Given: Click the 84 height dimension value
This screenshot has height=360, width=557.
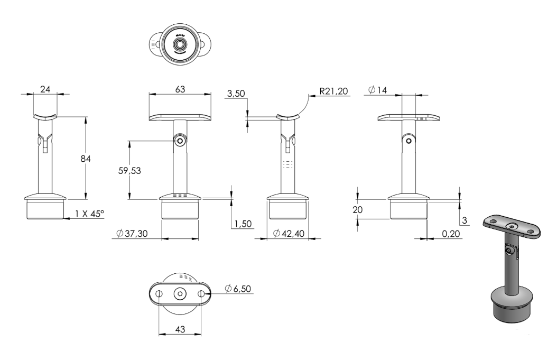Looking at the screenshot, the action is [x=86, y=159].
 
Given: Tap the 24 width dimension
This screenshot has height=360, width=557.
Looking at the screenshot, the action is [x=45, y=89].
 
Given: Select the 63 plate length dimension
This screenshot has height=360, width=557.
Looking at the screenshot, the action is [x=180, y=89].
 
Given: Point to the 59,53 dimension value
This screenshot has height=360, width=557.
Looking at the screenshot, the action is [x=129, y=171].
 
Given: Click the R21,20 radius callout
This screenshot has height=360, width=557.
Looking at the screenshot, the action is [x=333, y=91].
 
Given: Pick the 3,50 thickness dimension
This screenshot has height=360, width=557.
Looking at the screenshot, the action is [x=236, y=94].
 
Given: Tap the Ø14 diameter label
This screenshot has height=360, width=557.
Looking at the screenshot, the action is [x=378, y=90].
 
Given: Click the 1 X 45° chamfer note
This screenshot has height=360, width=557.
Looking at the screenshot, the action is [x=89, y=214].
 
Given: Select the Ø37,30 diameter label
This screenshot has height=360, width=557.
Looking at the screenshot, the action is [x=132, y=234].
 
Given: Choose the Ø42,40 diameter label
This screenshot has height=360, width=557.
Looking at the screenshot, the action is [x=289, y=234].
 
